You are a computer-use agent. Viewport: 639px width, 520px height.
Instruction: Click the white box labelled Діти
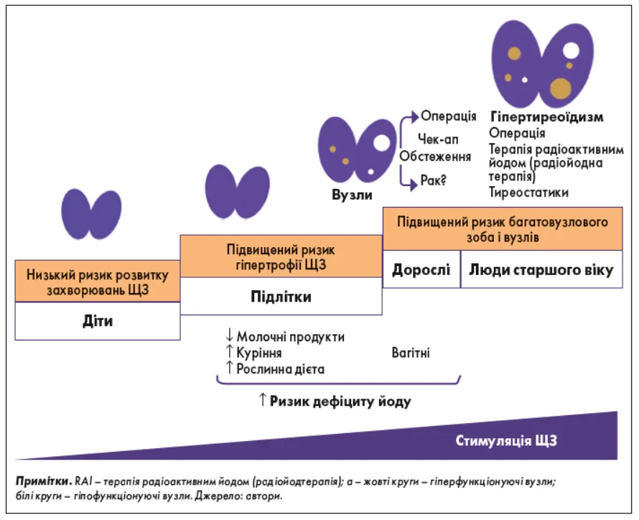tap(97, 321)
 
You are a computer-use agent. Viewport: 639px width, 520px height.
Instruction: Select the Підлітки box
tap(281, 297)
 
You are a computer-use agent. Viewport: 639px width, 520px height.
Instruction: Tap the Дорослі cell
tap(421, 270)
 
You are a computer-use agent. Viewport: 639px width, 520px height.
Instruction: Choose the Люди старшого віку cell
tap(541, 270)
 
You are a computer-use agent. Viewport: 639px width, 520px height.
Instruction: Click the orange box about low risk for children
tap(97, 282)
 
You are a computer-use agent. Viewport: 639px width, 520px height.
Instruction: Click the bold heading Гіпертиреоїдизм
tap(546, 116)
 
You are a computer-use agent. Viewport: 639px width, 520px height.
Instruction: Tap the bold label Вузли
tap(352, 195)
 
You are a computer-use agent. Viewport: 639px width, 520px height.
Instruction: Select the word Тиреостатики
tap(528, 192)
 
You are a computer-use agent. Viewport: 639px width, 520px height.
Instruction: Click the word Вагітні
tap(411, 353)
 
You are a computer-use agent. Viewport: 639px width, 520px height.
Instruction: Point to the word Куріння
tap(258, 353)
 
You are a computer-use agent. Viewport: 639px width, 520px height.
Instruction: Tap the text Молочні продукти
tap(290, 337)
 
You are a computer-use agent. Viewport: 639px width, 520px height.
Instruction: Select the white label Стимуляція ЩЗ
tap(505, 440)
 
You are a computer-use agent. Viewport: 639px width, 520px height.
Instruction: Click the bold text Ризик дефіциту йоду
tap(340, 401)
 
